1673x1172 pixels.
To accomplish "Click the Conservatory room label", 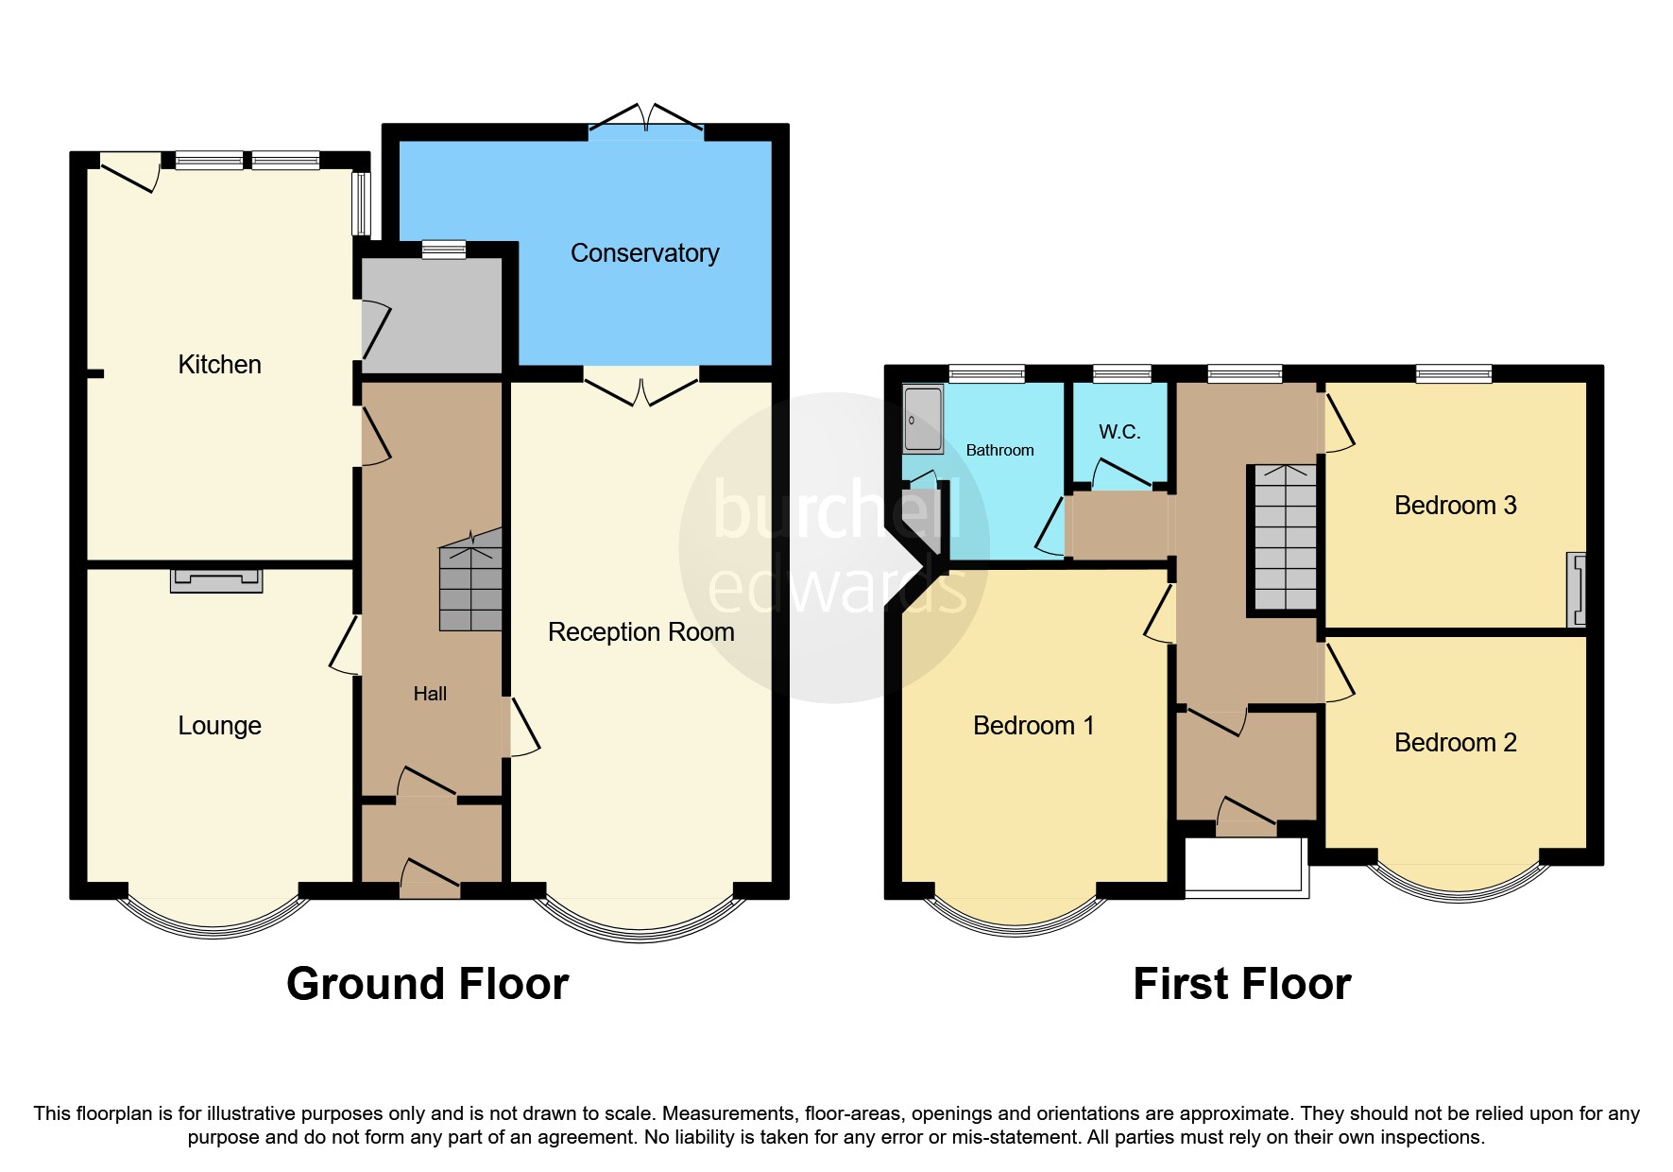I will click(x=644, y=253).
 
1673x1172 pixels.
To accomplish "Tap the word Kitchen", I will click(x=219, y=365).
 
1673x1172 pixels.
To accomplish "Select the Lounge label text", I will click(x=219, y=726).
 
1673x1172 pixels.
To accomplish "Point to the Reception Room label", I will click(x=640, y=632).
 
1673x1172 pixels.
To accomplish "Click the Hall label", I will click(x=430, y=694).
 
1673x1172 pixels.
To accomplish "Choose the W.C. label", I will click(x=1119, y=432).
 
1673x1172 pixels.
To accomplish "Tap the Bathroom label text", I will click(x=999, y=451).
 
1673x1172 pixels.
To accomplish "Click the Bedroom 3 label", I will click(x=1455, y=506).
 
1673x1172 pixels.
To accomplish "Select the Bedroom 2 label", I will click(x=1455, y=743).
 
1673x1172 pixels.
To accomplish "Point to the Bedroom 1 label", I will click(x=1033, y=726).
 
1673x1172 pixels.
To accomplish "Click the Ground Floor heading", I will click(x=427, y=984).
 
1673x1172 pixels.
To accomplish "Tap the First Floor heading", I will click(x=1241, y=984).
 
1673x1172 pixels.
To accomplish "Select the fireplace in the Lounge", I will click(x=216, y=579).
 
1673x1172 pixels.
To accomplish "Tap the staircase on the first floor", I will click(x=1285, y=537).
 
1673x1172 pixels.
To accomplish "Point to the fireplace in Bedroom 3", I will click(x=1577, y=590).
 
